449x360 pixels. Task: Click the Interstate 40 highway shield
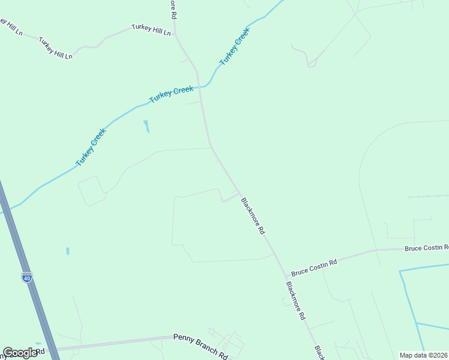coord(27,277)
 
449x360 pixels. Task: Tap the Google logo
coord(20,353)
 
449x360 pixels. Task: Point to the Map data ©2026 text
coord(423,355)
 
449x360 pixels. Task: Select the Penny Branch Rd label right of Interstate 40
coord(200,347)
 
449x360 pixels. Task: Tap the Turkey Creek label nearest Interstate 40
coord(91,147)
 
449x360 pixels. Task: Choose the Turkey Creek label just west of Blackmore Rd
coord(172,94)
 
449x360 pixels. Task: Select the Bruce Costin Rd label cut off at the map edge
coord(427,247)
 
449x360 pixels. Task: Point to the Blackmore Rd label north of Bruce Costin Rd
coord(252,216)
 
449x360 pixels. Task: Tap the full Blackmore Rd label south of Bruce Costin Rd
coord(296,301)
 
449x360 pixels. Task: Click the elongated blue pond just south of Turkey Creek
coord(146,126)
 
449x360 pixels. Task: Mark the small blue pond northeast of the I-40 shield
coord(68,251)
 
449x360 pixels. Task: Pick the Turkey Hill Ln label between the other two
coord(56,48)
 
